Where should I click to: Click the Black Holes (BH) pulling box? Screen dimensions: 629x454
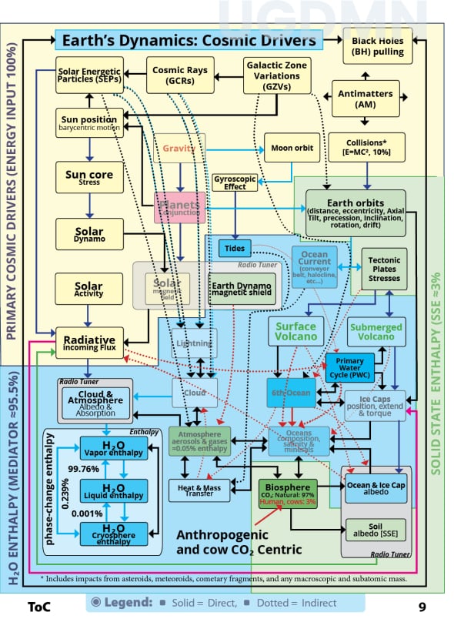point(377,45)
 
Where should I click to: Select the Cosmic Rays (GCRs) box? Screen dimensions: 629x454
point(179,75)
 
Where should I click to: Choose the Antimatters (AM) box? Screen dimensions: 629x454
point(365,98)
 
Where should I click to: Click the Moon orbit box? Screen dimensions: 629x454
point(292,147)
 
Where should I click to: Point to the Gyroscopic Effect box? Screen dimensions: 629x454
point(234,182)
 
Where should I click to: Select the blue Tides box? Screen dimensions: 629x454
point(235,248)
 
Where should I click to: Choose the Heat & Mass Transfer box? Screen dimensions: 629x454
point(200,490)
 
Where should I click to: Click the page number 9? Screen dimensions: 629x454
point(422,606)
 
